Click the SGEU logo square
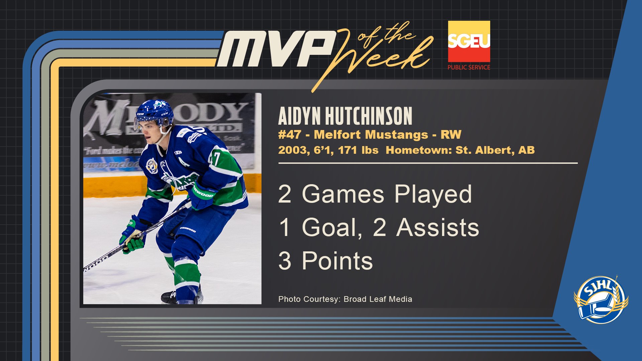click(x=469, y=41)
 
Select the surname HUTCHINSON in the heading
click(x=369, y=116)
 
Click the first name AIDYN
click(x=299, y=116)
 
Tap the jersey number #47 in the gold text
click(x=290, y=134)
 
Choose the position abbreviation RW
click(x=451, y=134)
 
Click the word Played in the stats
click(x=433, y=195)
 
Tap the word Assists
click(x=438, y=227)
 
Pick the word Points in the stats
click(x=337, y=261)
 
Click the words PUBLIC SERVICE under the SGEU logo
click(x=469, y=67)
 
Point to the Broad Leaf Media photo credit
click(x=378, y=299)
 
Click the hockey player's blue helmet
click(x=154, y=112)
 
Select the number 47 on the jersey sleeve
click(x=214, y=159)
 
